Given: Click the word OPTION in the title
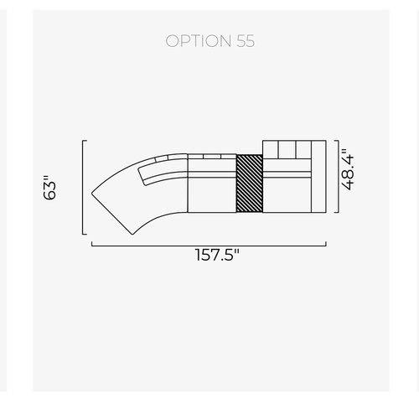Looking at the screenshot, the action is (x=199, y=41).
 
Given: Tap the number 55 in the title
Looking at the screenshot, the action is (x=246, y=41).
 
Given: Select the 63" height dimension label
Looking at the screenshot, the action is (x=49, y=188).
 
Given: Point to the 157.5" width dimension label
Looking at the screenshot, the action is (x=217, y=255).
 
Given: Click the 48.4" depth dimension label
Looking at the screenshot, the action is (x=348, y=169).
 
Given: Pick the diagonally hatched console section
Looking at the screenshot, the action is (x=250, y=184).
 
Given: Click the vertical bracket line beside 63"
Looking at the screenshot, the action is (x=83, y=187).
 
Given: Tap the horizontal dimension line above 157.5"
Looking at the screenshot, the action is (x=209, y=246).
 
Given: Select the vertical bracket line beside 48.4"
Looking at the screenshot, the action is (x=339, y=177).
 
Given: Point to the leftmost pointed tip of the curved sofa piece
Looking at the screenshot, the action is (x=92, y=193).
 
